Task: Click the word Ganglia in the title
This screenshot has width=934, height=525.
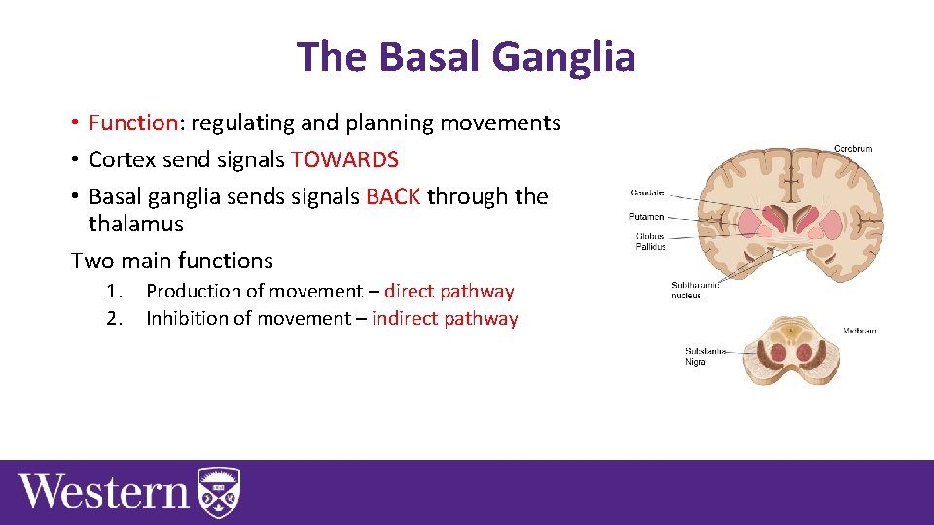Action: click(563, 56)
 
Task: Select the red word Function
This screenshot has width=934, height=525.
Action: click(131, 122)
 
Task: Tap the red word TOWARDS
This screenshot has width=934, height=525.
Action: click(344, 159)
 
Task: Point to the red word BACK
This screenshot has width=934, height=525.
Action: click(393, 196)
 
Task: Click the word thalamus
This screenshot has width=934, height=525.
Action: click(135, 224)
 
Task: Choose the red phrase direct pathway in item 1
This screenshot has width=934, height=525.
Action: click(449, 291)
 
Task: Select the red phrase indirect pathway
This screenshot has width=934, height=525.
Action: click(445, 318)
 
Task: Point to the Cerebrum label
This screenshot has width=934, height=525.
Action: click(852, 149)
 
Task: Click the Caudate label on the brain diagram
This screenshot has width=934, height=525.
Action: click(648, 192)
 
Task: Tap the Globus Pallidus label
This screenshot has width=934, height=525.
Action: click(650, 240)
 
